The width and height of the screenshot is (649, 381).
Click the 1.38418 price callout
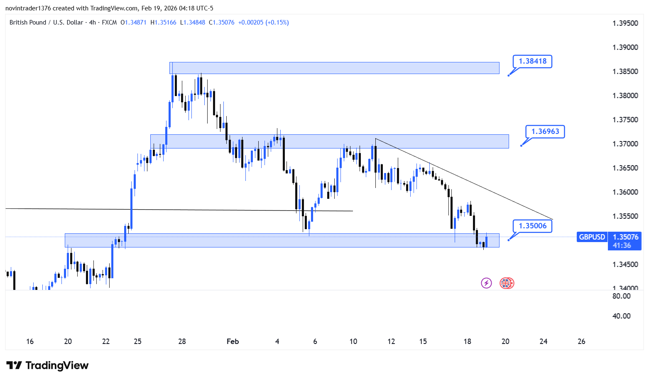(x=532, y=62)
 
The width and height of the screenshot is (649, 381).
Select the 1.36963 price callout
(x=545, y=132)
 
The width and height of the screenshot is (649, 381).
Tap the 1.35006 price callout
(x=532, y=226)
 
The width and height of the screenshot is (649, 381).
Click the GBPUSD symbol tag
(x=592, y=237)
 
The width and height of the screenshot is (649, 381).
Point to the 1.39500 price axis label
(x=625, y=23)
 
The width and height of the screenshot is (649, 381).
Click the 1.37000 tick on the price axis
(x=625, y=144)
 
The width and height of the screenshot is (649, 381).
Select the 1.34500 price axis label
(x=625, y=265)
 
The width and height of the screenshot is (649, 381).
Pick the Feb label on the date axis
(x=233, y=341)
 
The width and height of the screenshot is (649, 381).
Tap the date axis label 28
(x=182, y=341)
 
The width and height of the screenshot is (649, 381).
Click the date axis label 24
(x=543, y=341)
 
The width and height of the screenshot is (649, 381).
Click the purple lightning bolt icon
(x=486, y=283)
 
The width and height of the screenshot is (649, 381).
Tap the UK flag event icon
(x=505, y=283)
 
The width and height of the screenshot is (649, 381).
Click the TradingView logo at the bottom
(x=47, y=366)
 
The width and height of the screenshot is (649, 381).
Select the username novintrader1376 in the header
(x=28, y=8)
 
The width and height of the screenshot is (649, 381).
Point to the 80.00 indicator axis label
(x=621, y=296)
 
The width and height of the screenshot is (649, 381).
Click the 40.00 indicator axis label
(x=621, y=316)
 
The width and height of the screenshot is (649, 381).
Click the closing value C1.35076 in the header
(x=221, y=22)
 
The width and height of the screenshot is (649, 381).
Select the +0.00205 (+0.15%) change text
(x=263, y=22)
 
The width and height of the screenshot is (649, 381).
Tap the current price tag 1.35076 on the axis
(x=625, y=237)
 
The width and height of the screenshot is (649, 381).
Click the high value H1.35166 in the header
(x=163, y=22)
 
